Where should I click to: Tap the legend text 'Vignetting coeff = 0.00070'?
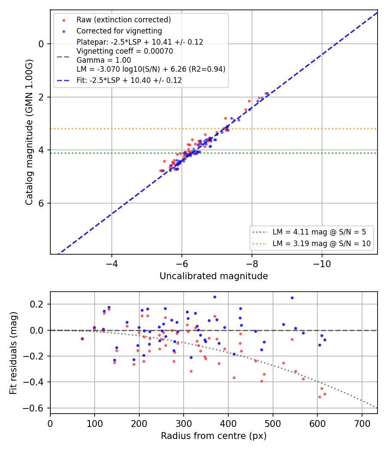click(125, 51)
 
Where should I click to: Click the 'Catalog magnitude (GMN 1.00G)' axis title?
click(29, 132)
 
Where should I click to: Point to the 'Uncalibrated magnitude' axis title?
click(214, 276)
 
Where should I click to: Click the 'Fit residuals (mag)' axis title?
click(13, 353)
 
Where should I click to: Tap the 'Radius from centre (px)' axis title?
click(214, 436)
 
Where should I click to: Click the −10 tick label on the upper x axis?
click(322, 264)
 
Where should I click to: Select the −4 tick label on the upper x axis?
click(112, 264)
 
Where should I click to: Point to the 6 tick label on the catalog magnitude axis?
click(41, 203)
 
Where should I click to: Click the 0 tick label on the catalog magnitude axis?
click(41, 44)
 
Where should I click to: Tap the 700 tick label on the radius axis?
click(362, 424)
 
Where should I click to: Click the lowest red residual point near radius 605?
click(319, 397)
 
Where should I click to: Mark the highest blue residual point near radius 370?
click(215, 297)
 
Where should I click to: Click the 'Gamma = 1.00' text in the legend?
click(104, 60)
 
